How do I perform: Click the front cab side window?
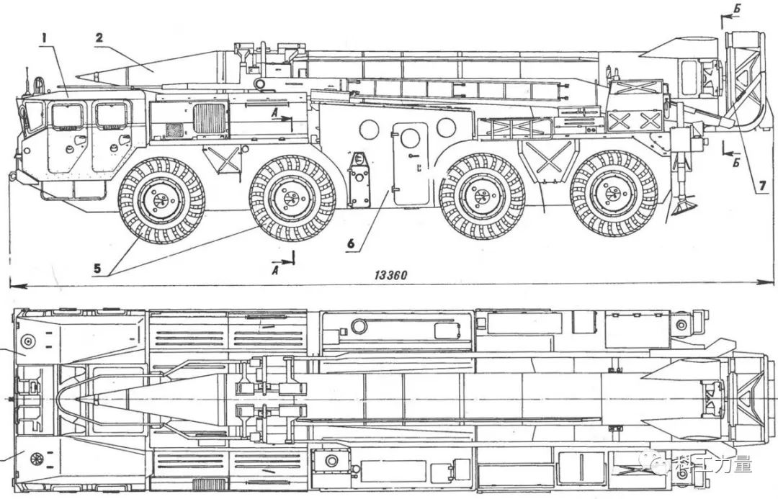[67, 115]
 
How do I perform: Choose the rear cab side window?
[112, 114]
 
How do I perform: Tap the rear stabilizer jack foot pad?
[683, 210]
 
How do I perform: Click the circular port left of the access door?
[369, 129]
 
